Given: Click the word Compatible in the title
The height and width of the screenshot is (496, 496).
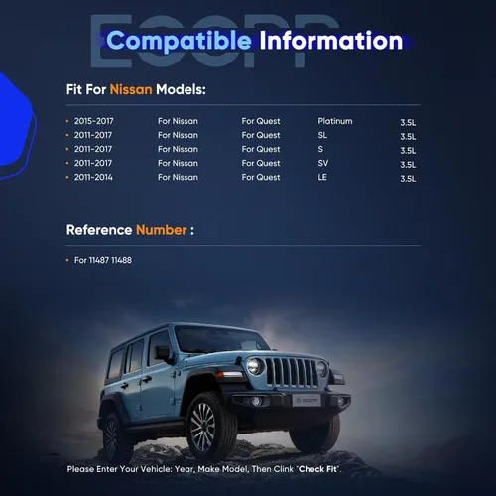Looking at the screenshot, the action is [x=179, y=41].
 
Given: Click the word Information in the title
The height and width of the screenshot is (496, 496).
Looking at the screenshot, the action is [x=331, y=41].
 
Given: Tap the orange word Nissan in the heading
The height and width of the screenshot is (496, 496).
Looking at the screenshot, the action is [x=131, y=89].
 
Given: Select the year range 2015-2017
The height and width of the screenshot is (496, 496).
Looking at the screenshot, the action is [x=94, y=121].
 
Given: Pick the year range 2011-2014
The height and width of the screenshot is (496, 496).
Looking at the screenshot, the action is [x=93, y=177].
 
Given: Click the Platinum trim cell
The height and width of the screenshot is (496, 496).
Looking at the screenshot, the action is [x=335, y=121].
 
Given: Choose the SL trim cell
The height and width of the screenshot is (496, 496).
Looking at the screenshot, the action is [x=322, y=135].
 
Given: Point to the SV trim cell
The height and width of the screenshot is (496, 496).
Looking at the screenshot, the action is [x=323, y=163].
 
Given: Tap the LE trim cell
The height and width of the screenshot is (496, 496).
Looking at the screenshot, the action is [x=322, y=177].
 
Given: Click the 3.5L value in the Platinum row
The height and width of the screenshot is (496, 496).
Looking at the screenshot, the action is [x=408, y=122].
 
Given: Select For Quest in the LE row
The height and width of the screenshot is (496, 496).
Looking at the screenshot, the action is [x=261, y=177].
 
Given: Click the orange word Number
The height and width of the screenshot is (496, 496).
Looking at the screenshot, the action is [x=162, y=230].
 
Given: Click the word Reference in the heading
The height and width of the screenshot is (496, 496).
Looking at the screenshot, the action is [x=99, y=230].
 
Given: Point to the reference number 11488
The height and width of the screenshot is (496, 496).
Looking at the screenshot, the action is [x=121, y=260].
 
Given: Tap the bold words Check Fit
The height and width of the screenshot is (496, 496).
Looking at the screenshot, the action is [x=317, y=469].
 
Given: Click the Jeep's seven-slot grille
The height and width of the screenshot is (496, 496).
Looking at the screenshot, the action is [x=292, y=372].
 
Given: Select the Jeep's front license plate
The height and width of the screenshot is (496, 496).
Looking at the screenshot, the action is [x=307, y=401].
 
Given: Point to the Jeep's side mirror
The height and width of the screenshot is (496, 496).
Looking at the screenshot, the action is [x=162, y=354].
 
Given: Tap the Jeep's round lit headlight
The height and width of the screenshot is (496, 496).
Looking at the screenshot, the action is [x=254, y=366].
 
